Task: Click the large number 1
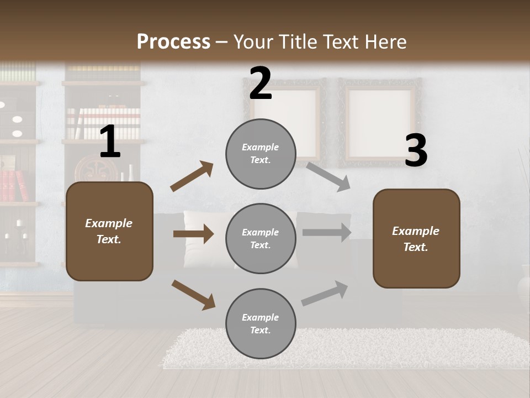coord(110,142)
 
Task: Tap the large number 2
coord(260,83)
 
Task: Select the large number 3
coord(416,151)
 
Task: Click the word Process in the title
coord(173,41)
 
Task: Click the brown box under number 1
coord(109,231)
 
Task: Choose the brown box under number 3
coord(416,238)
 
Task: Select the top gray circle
coord(261,154)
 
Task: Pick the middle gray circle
coord(261,238)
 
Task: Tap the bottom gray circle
coord(261,323)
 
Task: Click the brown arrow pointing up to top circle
coord(192,176)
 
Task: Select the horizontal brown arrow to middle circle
coord(193,234)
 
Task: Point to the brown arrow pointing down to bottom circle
coord(193,295)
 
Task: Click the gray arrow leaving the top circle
coord(328,176)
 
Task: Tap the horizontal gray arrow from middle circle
coord(327,232)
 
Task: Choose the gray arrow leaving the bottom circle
coord(325,293)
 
